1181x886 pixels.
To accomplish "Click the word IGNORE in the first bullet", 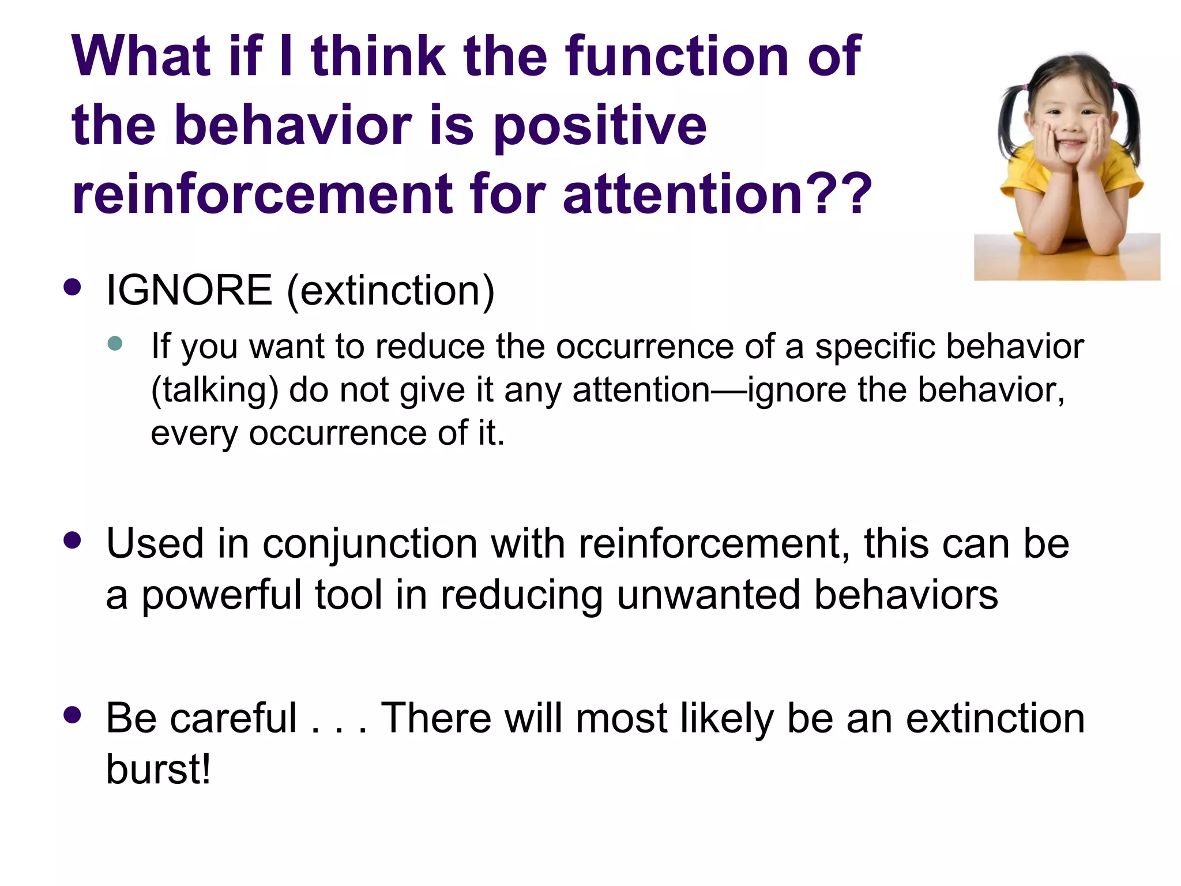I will [189, 290].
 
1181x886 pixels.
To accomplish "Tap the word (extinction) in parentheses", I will [391, 291].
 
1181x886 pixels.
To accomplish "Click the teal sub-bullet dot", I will [115, 344].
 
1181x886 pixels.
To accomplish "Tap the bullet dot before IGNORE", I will [72, 287].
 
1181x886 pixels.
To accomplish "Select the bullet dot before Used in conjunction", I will [72, 540].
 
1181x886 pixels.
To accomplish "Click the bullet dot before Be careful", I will [72, 715].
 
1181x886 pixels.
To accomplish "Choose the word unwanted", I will [708, 595].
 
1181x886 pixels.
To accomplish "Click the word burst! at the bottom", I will [159, 769].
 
